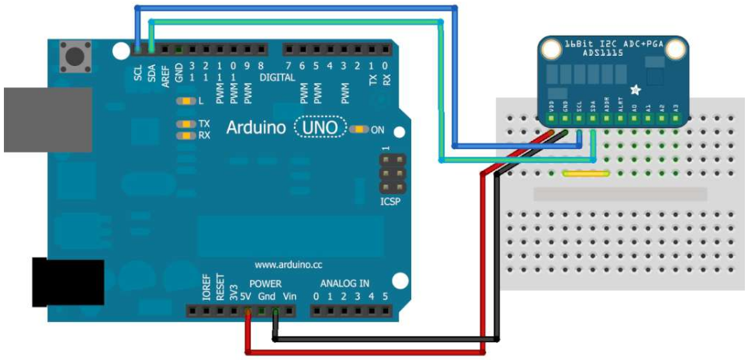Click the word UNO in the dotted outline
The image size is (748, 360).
pyautogui.click(x=319, y=127)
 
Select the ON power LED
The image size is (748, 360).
pyautogui.click(x=358, y=129)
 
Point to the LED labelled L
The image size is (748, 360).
pyautogui.click(x=186, y=102)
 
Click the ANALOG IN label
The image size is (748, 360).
pyautogui.click(x=345, y=284)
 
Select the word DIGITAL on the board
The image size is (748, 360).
pyautogui.click(x=278, y=78)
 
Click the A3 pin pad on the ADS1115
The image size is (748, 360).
pyautogui.click(x=676, y=119)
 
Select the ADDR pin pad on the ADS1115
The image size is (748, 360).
pyautogui.click(x=607, y=119)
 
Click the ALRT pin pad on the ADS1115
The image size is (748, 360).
pyautogui.click(x=621, y=119)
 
